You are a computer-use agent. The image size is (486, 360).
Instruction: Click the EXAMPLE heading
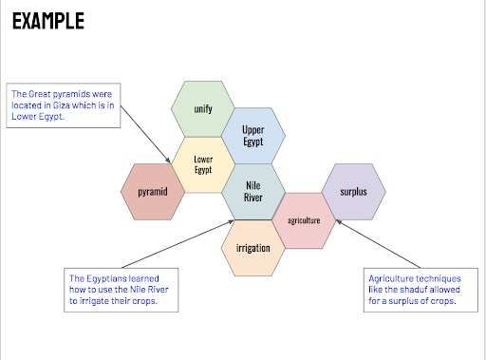48,21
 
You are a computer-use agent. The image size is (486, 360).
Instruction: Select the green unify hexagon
203,109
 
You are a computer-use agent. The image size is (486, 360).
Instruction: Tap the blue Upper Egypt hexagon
253,136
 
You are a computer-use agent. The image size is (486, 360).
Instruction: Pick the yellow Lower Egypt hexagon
203,164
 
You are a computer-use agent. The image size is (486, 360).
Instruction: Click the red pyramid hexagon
153,192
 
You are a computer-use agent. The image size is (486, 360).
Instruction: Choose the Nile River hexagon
253,192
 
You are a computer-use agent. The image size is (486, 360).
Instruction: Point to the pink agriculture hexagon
304,220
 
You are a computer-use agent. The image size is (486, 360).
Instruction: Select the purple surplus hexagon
354,192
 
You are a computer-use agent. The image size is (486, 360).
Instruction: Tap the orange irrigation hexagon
253,248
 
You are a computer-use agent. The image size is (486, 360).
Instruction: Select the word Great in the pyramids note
40,94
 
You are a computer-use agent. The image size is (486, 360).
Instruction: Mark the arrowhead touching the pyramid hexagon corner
168,160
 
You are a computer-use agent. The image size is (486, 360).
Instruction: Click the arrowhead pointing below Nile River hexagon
231,222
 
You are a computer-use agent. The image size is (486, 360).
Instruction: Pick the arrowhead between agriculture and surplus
339,222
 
